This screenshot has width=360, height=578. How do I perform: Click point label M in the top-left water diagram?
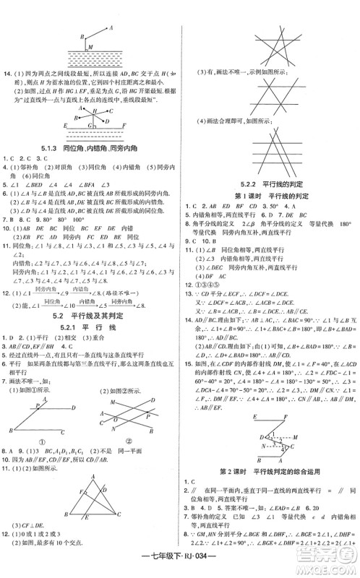point(89,48)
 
